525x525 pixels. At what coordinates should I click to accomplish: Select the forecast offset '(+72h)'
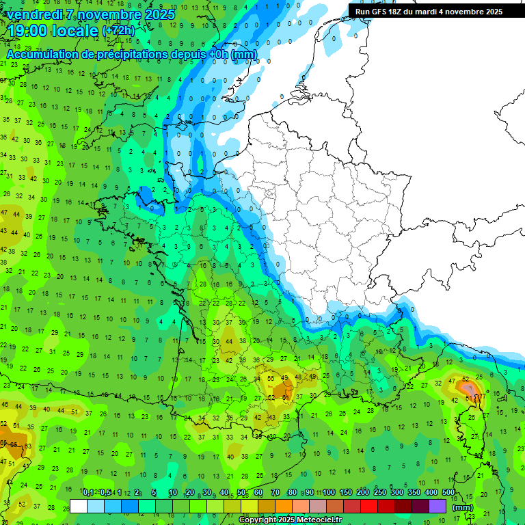pyautogui.click(x=118, y=31)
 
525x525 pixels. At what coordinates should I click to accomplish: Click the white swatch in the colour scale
pyautogui.click(x=79, y=507)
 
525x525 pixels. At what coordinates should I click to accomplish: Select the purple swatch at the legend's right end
pyautogui.click(x=437, y=507)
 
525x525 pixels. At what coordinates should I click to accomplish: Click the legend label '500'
pyautogui.click(x=448, y=493)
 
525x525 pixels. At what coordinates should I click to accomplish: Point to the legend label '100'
pyautogui.click(x=328, y=493)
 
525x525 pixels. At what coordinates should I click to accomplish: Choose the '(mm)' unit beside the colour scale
pyautogui.click(x=463, y=507)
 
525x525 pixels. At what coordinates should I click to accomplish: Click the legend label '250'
pyautogui.click(x=379, y=493)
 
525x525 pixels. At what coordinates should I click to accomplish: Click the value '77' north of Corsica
pyautogui.click(x=483, y=396)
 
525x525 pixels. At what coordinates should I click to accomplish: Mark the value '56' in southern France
pyautogui.click(x=271, y=378)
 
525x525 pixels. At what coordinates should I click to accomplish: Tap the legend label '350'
pyautogui.click(x=414, y=493)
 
